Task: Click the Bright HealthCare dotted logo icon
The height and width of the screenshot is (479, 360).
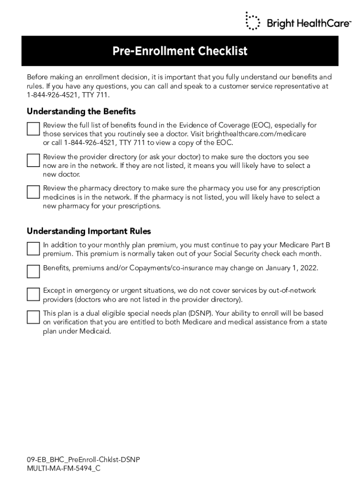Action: tap(253, 21)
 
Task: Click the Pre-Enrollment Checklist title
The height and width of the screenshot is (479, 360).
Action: tap(180, 51)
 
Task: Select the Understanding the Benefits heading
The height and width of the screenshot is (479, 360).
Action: tap(81, 111)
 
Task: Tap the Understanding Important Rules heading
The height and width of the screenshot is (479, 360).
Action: tap(89, 231)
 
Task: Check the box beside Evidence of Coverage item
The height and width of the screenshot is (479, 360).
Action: tap(33, 129)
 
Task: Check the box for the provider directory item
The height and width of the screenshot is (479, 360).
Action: tap(33, 160)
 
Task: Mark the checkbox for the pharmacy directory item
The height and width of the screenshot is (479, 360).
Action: tap(33, 192)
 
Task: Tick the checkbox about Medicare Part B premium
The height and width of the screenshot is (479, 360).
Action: tap(33, 248)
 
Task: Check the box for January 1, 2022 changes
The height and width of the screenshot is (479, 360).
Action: tap(33, 271)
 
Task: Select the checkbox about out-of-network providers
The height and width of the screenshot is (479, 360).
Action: tap(33, 294)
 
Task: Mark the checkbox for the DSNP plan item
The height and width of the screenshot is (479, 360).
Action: tap(33, 317)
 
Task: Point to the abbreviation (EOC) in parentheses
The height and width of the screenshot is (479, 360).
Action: tap(260, 125)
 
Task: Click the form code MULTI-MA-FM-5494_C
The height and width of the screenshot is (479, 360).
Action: tap(64, 468)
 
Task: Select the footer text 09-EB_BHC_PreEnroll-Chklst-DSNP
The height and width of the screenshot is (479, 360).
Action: tap(83, 460)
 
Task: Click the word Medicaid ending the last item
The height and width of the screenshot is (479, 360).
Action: tap(96, 331)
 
